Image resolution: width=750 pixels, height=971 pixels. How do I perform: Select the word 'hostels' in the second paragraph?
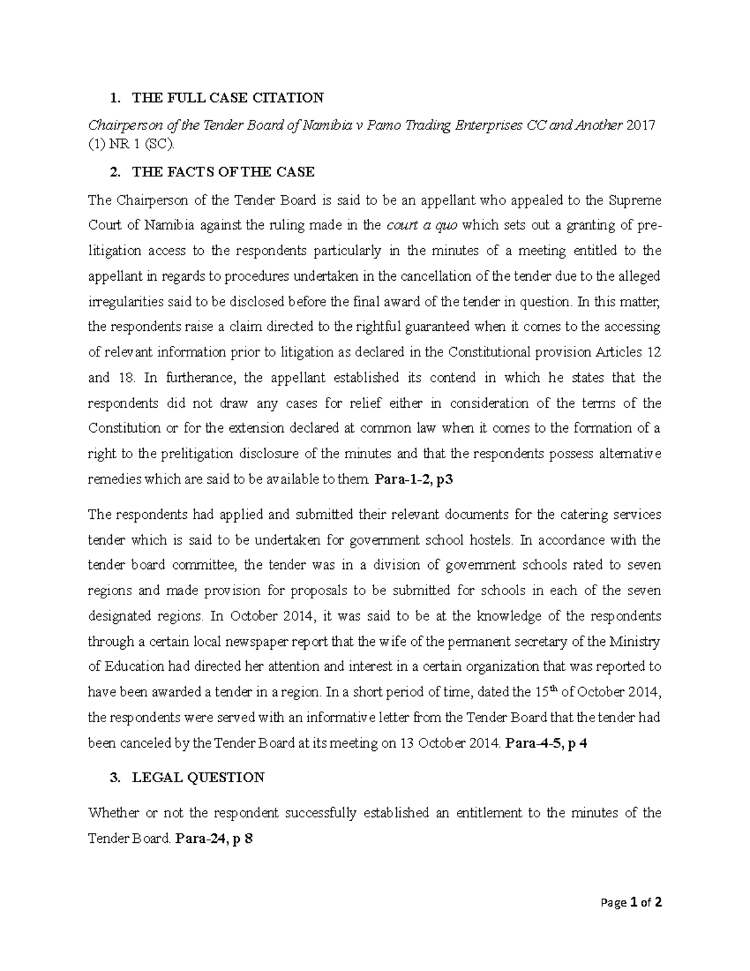(486, 540)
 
